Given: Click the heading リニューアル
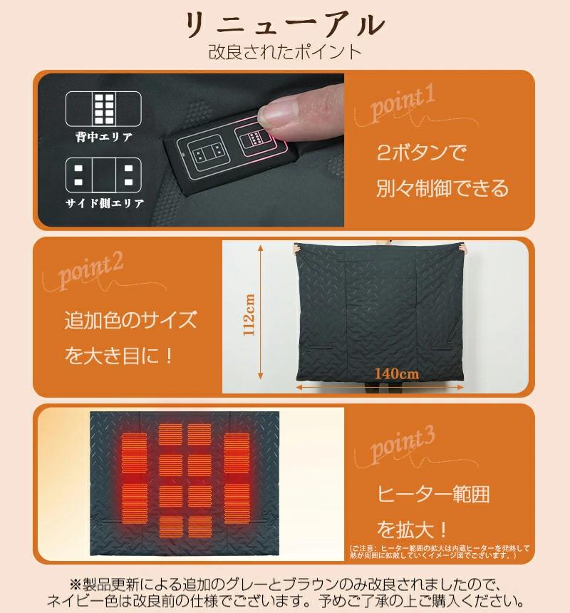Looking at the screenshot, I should (285, 25).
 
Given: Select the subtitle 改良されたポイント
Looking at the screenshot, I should (285, 52).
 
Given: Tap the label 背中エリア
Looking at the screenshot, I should (104, 137).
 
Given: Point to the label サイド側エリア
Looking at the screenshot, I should (105, 203).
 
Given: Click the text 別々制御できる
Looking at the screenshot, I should (442, 188).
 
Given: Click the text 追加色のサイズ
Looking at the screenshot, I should (130, 319).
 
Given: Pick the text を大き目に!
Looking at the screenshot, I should (119, 355).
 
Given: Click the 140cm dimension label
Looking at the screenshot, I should (397, 373).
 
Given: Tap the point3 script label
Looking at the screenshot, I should (403, 444).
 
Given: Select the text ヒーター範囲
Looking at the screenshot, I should (433, 493).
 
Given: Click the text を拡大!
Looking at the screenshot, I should (413, 530).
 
